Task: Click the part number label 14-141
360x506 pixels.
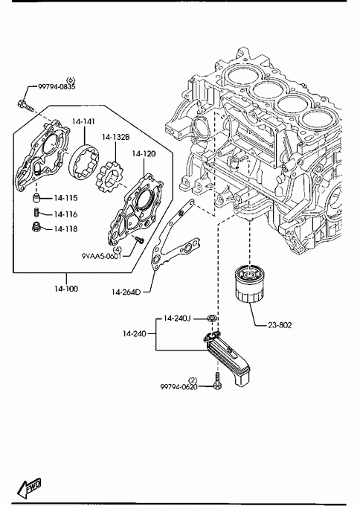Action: pos(83,121)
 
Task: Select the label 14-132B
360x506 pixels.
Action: pos(116,137)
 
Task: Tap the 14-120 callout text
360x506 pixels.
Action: pos(144,153)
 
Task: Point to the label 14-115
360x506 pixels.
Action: pos(65,198)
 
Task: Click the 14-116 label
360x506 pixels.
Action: pos(65,214)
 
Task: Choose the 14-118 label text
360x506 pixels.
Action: pos(65,228)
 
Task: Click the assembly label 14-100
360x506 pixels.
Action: pos(66,289)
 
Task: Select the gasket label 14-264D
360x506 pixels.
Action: pos(126,292)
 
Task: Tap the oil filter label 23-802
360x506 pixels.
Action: pos(280,325)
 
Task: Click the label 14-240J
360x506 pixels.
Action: pos(177,318)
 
